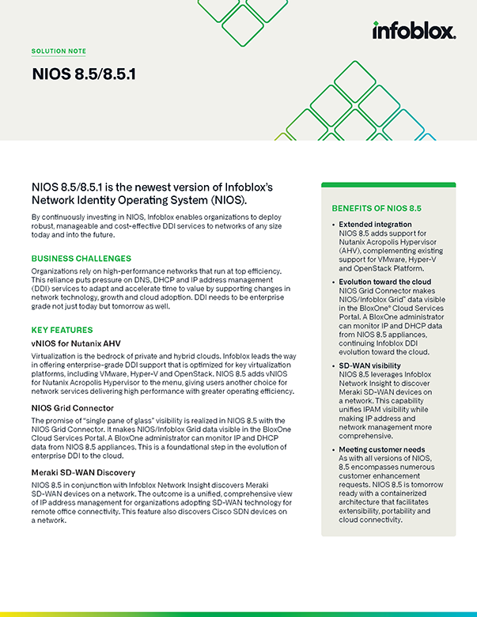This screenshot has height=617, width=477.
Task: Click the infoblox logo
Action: [x=413, y=31]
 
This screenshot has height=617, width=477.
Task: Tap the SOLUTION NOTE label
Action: [x=59, y=51]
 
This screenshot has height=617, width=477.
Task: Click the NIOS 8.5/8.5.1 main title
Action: [x=84, y=75]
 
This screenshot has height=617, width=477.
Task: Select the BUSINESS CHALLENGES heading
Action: [x=81, y=259]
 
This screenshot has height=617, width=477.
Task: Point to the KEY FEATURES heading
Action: [x=62, y=330]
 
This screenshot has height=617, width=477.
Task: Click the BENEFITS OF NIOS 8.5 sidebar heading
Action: [x=376, y=208]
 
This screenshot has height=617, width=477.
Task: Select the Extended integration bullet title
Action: [x=375, y=225]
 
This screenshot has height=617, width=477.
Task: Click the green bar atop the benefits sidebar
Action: [x=388, y=185]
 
